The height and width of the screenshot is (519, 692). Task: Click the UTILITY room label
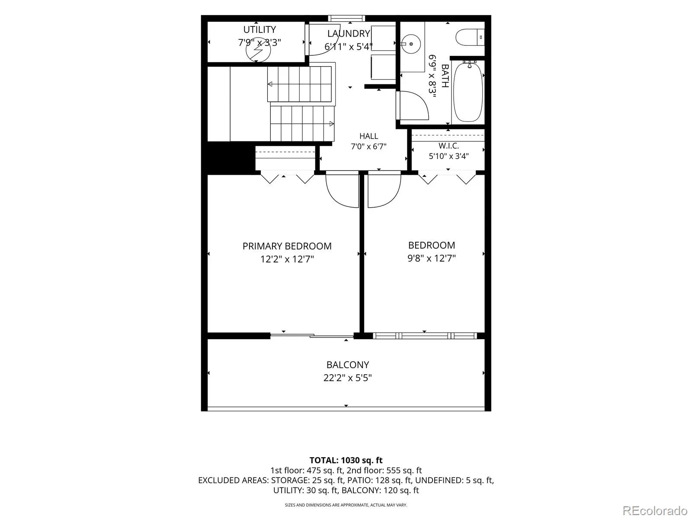[x=259, y=29]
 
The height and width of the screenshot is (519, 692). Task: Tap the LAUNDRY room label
[x=348, y=33]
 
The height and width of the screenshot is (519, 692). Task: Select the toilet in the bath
[x=470, y=37]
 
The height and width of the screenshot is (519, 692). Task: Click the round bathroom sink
[x=411, y=44]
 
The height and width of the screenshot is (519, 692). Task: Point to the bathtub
[x=468, y=92]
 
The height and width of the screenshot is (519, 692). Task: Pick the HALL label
[x=368, y=136]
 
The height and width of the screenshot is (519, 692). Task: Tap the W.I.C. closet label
[x=449, y=146]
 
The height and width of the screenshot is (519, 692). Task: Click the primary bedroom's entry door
[x=343, y=189]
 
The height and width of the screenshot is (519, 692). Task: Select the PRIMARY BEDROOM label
[x=287, y=246]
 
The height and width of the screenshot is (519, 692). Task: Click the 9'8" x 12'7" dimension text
[x=432, y=258]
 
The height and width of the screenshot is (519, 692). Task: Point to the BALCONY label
[x=347, y=365]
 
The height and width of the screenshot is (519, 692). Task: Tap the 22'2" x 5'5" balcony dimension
[x=347, y=378]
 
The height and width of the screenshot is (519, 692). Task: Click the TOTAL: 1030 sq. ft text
[x=346, y=460]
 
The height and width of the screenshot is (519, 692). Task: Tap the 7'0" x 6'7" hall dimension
[x=368, y=147]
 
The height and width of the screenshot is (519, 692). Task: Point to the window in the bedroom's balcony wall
[x=425, y=336]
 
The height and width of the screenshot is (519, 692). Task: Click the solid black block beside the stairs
[x=231, y=157]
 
